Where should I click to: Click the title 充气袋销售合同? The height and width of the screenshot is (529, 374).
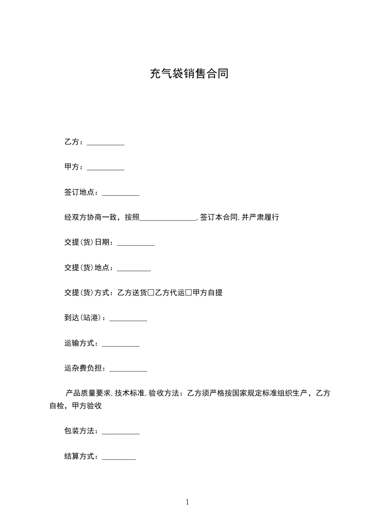point(189,74)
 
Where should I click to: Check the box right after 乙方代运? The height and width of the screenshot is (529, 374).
point(189,293)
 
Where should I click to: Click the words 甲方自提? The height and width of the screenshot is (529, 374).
point(208,293)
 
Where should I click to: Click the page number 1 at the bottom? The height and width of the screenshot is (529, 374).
point(187,502)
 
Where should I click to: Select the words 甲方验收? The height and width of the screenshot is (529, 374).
point(87,405)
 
